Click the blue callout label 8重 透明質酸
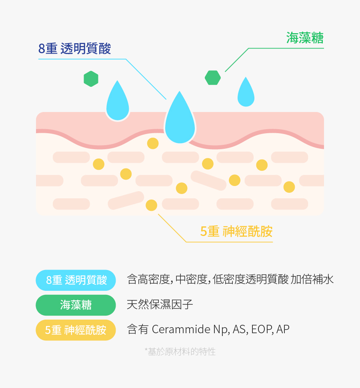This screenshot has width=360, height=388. click(x=74, y=49)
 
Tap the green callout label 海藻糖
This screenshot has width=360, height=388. click(x=304, y=38)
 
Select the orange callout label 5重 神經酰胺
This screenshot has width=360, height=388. click(x=236, y=231)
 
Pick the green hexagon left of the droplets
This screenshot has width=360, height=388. click(x=91, y=79)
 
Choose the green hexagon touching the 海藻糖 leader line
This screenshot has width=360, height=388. click(x=213, y=78)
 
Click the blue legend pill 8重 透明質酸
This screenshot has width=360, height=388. click(x=76, y=280)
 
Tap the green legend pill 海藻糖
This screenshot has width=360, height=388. click(x=76, y=305)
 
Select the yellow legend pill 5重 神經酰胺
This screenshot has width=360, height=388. click(x=76, y=330)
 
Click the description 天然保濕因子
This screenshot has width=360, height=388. click(x=160, y=305)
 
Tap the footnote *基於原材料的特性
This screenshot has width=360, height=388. click(x=180, y=352)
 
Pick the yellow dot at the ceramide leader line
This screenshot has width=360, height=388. click(x=151, y=205)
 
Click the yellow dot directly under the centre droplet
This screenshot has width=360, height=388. click(x=153, y=143)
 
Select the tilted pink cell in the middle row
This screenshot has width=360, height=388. click(x=208, y=180)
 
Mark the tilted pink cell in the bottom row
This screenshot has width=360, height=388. click(x=126, y=200)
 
